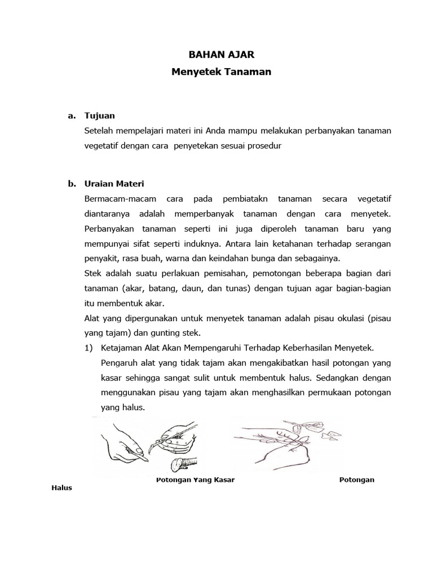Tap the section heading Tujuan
[99, 116]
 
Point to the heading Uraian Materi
[114, 184]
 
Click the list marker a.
[71, 116]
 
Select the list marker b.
[71, 184]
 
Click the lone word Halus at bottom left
[61, 487]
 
